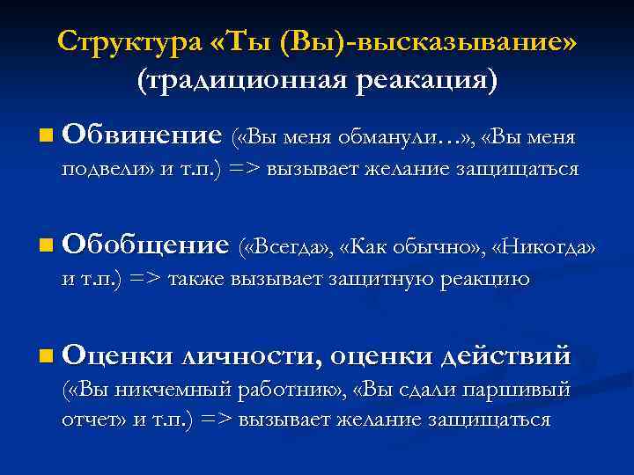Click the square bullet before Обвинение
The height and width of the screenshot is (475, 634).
click(45, 136)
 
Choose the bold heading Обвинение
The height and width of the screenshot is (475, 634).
click(142, 135)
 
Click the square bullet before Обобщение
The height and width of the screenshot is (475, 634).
click(45, 246)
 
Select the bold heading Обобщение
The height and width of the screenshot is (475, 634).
click(146, 245)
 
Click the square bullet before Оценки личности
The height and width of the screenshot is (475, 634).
click(45, 356)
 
